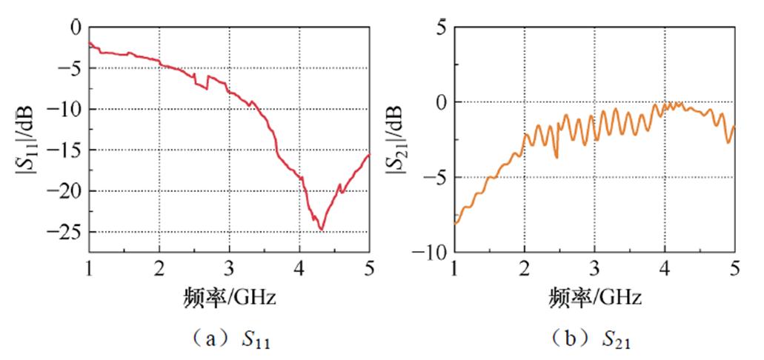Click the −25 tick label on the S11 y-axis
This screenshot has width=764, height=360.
click(66, 232)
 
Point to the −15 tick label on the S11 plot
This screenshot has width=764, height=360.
click(66, 150)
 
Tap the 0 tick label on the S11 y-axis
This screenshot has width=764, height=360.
click(74, 28)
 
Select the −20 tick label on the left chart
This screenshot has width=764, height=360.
click(66, 191)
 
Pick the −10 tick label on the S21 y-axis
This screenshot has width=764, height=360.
click(431, 253)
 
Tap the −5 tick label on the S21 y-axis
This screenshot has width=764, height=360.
click(434, 178)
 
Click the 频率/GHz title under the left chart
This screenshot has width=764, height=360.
click(229, 299)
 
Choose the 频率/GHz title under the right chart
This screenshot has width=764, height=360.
click(594, 299)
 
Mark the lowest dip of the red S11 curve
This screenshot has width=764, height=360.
click(322, 230)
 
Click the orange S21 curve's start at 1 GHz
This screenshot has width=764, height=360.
click(456, 222)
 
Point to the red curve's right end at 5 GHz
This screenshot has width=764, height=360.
click(369, 155)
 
